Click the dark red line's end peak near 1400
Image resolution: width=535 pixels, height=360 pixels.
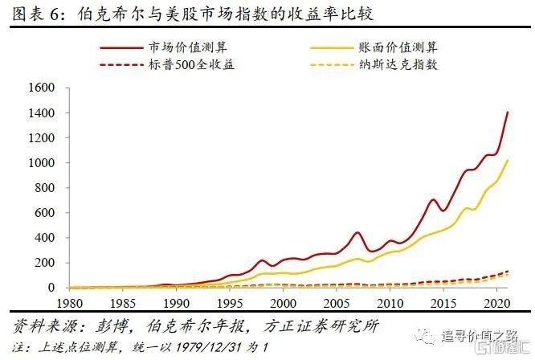pyautogui.click(x=508, y=112)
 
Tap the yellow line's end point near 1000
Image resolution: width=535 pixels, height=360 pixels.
pyautogui.click(x=508, y=160)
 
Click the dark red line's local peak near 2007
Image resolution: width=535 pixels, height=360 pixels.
pyautogui.click(x=357, y=233)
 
